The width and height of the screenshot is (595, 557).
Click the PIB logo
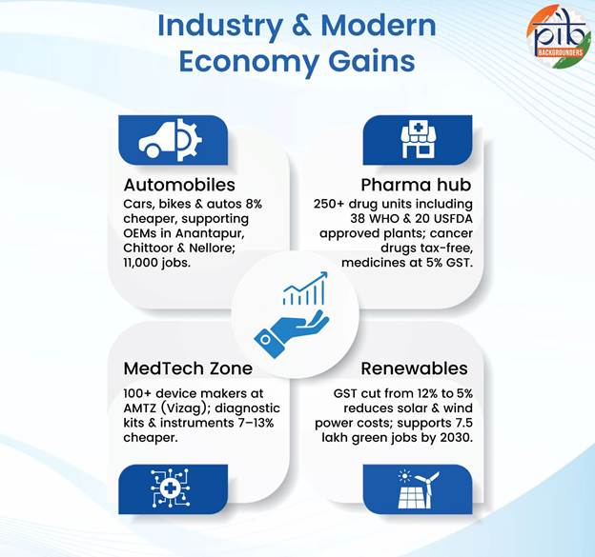[559, 37]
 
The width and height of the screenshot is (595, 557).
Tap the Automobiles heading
[179, 185]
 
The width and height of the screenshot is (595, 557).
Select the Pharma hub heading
[416, 185]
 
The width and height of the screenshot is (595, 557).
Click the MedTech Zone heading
[188, 368]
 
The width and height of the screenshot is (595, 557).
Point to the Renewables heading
[415, 368]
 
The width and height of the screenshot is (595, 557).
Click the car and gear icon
[170, 140]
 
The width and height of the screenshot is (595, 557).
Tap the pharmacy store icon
[418, 140]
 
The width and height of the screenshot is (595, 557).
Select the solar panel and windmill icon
[418, 489]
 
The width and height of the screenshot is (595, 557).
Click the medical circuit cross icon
[170, 488]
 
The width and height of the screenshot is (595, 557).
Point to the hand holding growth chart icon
[292, 315]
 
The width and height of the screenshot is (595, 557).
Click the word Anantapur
[210, 233]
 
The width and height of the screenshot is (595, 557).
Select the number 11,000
[141, 263]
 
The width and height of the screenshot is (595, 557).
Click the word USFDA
[453, 219]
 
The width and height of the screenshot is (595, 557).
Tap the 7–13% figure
[256, 423]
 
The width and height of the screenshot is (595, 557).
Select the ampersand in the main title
[302, 26]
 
